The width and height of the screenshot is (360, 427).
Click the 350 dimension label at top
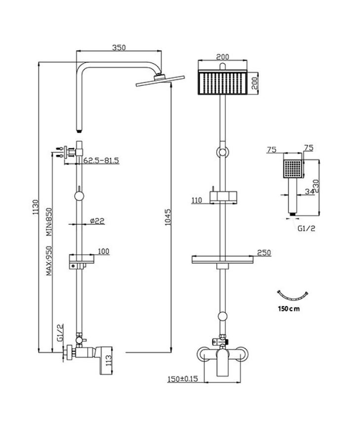click(x=119, y=48)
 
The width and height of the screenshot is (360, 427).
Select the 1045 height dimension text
click(x=168, y=216)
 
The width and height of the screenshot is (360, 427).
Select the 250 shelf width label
click(x=264, y=253)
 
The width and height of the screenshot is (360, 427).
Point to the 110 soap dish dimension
click(x=198, y=200)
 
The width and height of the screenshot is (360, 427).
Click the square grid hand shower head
click(x=293, y=168)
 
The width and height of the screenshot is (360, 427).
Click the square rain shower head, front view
click(x=222, y=83)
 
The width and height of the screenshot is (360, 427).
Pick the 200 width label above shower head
click(x=222, y=57)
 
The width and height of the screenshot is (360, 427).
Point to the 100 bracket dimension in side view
click(x=103, y=252)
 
